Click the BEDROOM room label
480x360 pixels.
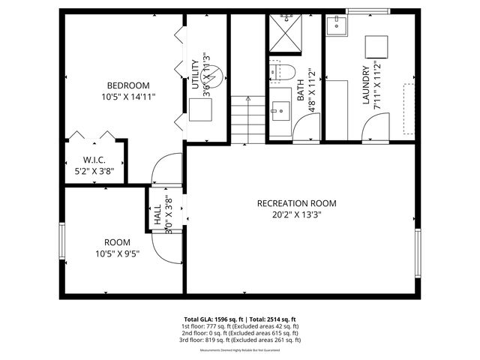128,85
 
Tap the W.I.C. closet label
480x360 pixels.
93,159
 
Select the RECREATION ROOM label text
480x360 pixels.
296,203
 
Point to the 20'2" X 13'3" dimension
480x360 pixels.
296,214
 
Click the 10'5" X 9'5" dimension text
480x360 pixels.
117,253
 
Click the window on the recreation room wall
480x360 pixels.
418,254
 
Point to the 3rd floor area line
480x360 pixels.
239,340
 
